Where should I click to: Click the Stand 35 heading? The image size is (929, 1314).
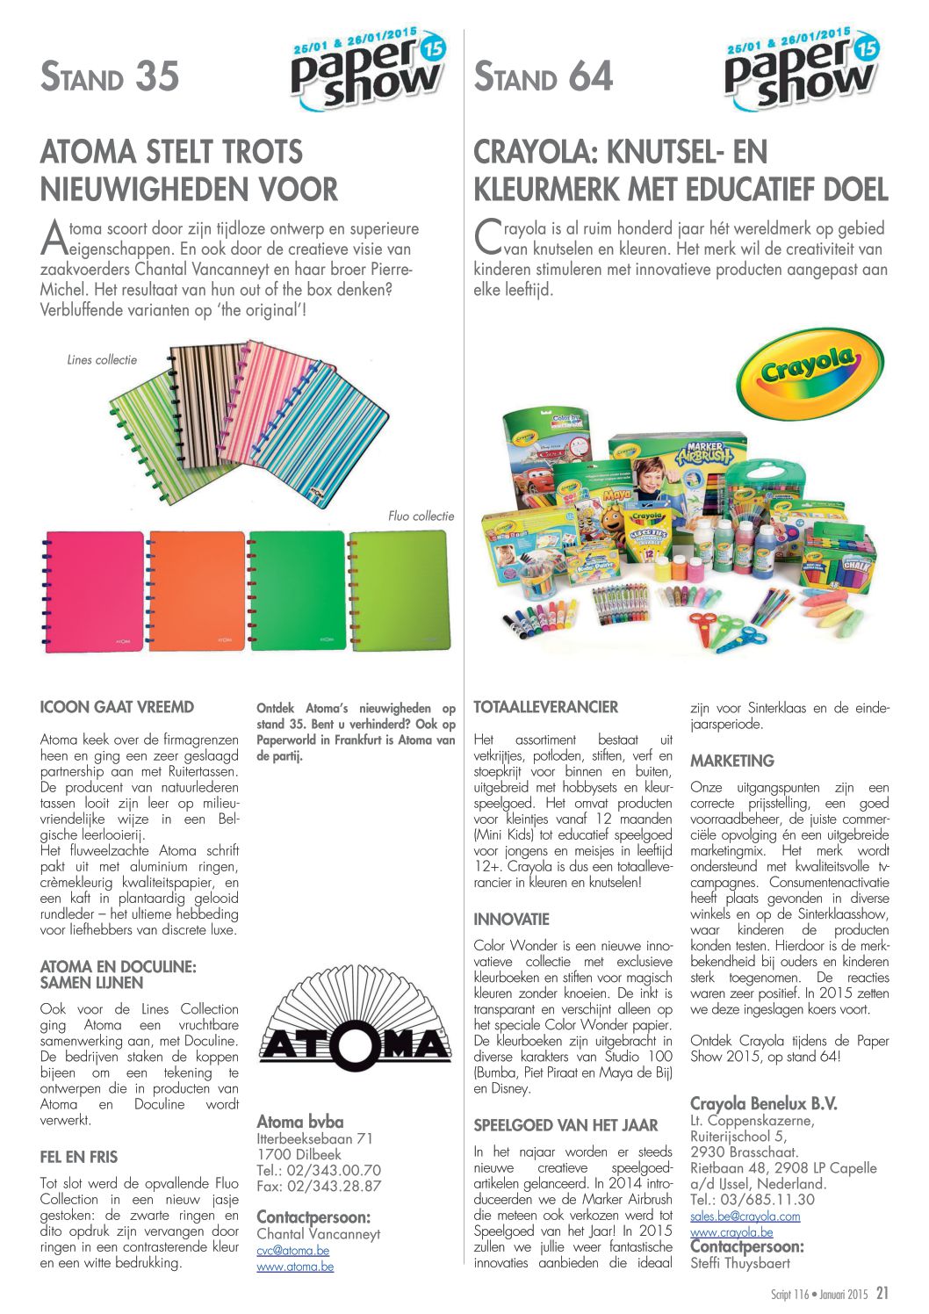[110, 77]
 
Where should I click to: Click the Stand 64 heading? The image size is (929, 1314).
[543, 77]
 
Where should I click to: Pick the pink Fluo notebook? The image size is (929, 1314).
[94, 590]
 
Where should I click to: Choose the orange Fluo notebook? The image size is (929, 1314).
[197, 590]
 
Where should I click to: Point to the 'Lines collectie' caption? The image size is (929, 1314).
[102, 359]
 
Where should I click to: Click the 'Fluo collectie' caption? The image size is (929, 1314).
[421, 516]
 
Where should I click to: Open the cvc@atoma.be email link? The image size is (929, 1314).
[292, 1250]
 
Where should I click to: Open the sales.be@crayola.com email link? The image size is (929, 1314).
[745, 1216]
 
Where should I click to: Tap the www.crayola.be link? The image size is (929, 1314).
[731, 1231]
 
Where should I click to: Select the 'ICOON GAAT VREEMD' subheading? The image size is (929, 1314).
[117, 707]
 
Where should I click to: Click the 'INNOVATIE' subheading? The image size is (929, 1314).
[511, 920]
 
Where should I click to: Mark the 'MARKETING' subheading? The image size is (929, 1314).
[731, 761]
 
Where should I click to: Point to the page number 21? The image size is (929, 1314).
[882, 1293]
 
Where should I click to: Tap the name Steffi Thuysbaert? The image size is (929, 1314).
[739, 1263]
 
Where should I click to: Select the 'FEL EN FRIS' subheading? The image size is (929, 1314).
[79, 1157]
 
